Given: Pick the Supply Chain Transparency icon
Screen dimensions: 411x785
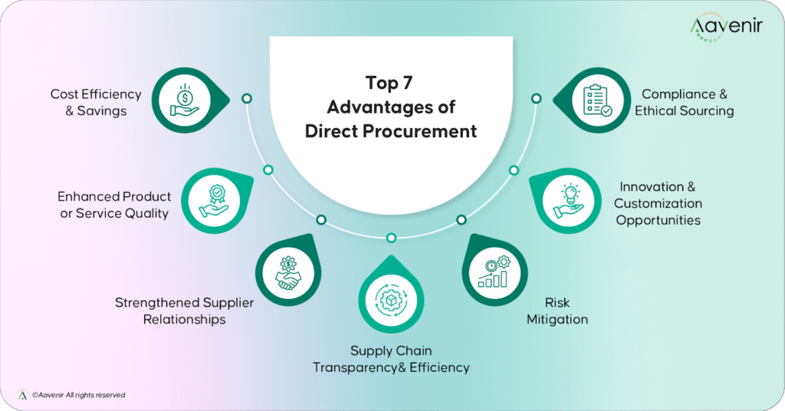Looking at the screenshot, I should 391,297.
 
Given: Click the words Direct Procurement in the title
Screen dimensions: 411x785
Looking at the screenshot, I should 391,131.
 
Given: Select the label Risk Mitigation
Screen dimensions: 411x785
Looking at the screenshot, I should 557,311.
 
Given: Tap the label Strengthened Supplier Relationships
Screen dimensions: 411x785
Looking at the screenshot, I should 184,311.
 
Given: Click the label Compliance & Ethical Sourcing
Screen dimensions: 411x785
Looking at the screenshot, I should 684,103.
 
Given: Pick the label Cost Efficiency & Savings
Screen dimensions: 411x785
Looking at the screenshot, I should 96,102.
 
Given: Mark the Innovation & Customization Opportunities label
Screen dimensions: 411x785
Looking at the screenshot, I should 658,203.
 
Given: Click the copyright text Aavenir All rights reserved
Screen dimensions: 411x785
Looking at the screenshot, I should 78,395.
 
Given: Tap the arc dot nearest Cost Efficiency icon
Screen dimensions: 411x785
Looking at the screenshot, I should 246,98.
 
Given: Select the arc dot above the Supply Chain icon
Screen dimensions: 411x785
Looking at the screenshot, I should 391,237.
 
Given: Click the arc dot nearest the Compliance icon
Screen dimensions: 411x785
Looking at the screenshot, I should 536,98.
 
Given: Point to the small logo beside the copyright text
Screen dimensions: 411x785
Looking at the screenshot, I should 22,394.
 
